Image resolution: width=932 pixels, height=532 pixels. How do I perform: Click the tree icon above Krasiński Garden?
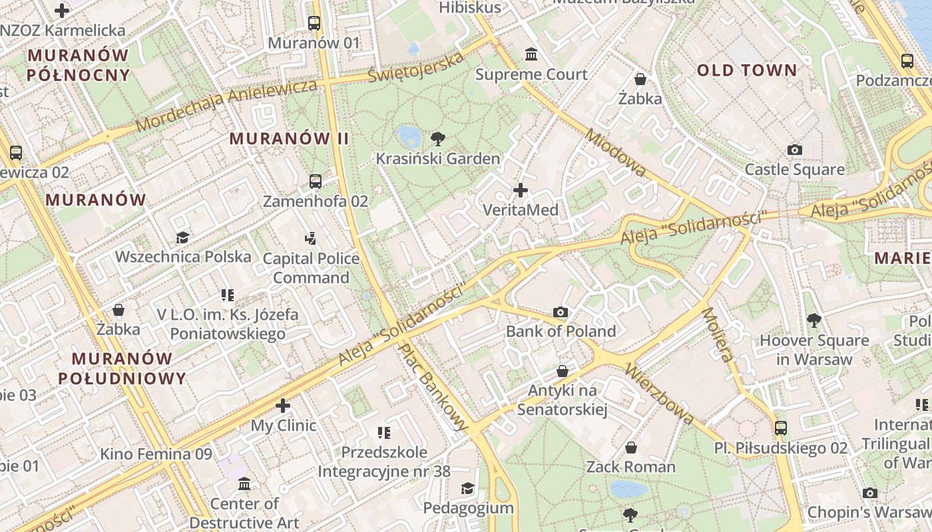click(437, 139)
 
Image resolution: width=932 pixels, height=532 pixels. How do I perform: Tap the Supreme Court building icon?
click(531, 54)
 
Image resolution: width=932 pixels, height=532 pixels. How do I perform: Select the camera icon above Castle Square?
click(794, 150)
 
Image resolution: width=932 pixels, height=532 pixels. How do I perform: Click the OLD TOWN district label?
click(746, 70)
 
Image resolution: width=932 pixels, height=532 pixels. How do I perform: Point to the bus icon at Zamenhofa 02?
click(316, 181)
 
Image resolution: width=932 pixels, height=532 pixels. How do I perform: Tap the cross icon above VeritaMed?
click(521, 191)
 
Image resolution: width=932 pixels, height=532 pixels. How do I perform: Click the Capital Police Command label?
click(311, 268)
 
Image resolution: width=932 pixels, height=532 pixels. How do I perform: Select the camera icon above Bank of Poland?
click(561, 312)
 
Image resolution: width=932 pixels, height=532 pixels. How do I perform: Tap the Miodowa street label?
click(615, 153)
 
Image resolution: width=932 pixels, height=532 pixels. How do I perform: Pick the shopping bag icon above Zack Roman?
click(630, 448)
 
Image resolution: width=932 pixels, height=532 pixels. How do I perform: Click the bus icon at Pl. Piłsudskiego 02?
click(781, 428)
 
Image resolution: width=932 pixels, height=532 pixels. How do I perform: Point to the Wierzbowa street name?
click(660, 394)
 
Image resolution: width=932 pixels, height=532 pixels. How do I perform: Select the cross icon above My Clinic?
click(283, 405)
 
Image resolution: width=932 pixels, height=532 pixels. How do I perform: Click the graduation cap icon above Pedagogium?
click(468, 489)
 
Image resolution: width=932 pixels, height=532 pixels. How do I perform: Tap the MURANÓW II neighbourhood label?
click(289, 138)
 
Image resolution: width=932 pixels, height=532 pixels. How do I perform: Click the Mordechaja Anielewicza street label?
click(226, 105)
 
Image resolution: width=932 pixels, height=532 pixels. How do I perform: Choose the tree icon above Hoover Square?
click(814, 321)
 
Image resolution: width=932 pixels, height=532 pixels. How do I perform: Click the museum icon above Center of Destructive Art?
click(244, 483)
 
